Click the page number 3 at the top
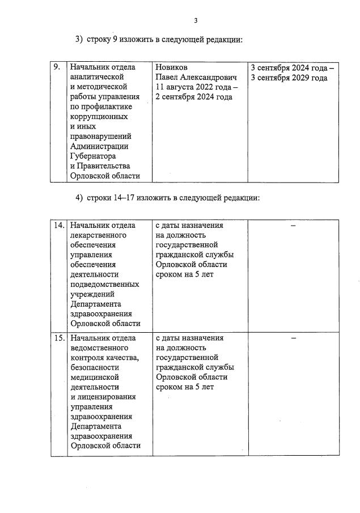(196, 21)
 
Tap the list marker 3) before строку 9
(79, 40)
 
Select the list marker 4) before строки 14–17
(79, 198)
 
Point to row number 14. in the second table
(58, 226)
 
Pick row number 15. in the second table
(58, 338)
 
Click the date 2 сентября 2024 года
(193, 97)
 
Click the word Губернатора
(93, 156)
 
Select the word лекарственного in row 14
(98, 235)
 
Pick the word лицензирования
(105, 397)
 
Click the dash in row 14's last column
(293, 226)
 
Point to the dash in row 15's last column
(293, 338)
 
